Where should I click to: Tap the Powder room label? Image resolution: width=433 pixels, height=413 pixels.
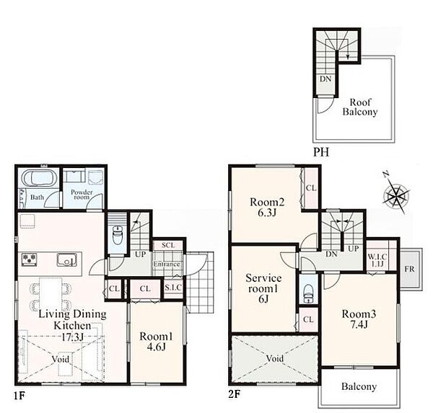pyautogui.click(x=82, y=195)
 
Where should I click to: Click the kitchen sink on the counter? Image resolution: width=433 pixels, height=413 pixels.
pyautogui.click(x=67, y=260)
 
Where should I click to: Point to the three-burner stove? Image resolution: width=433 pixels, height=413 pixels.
pyautogui.click(x=30, y=260)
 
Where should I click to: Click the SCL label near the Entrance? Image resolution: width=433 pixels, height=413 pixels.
pyautogui.click(x=168, y=245)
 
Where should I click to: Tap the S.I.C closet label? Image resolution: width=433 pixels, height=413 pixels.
pyautogui.click(x=173, y=288)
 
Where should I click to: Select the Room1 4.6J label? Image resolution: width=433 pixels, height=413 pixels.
pyautogui.click(x=157, y=341)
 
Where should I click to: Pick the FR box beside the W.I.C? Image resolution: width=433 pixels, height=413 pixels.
pyautogui.click(x=410, y=269)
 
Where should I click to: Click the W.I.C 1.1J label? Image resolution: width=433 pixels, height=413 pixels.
pyautogui.click(x=377, y=260)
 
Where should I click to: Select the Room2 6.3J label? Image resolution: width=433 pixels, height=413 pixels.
pyautogui.click(x=267, y=207)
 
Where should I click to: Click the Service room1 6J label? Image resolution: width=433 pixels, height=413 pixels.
pyautogui.click(x=263, y=288)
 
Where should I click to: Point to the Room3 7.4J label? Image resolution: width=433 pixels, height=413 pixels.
pyautogui.click(x=359, y=319)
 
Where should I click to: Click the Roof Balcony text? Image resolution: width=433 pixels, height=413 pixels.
pyautogui.click(x=360, y=107)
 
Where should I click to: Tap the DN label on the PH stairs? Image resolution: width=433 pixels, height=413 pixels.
pyautogui.click(x=325, y=79)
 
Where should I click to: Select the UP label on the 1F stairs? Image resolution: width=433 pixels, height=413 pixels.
pyautogui.click(x=140, y=254)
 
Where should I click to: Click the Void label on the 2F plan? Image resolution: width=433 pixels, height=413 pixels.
pyautogui.click(x=275, y=358)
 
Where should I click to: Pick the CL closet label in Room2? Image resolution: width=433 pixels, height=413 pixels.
pyautogui.click(x=311, y=188)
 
